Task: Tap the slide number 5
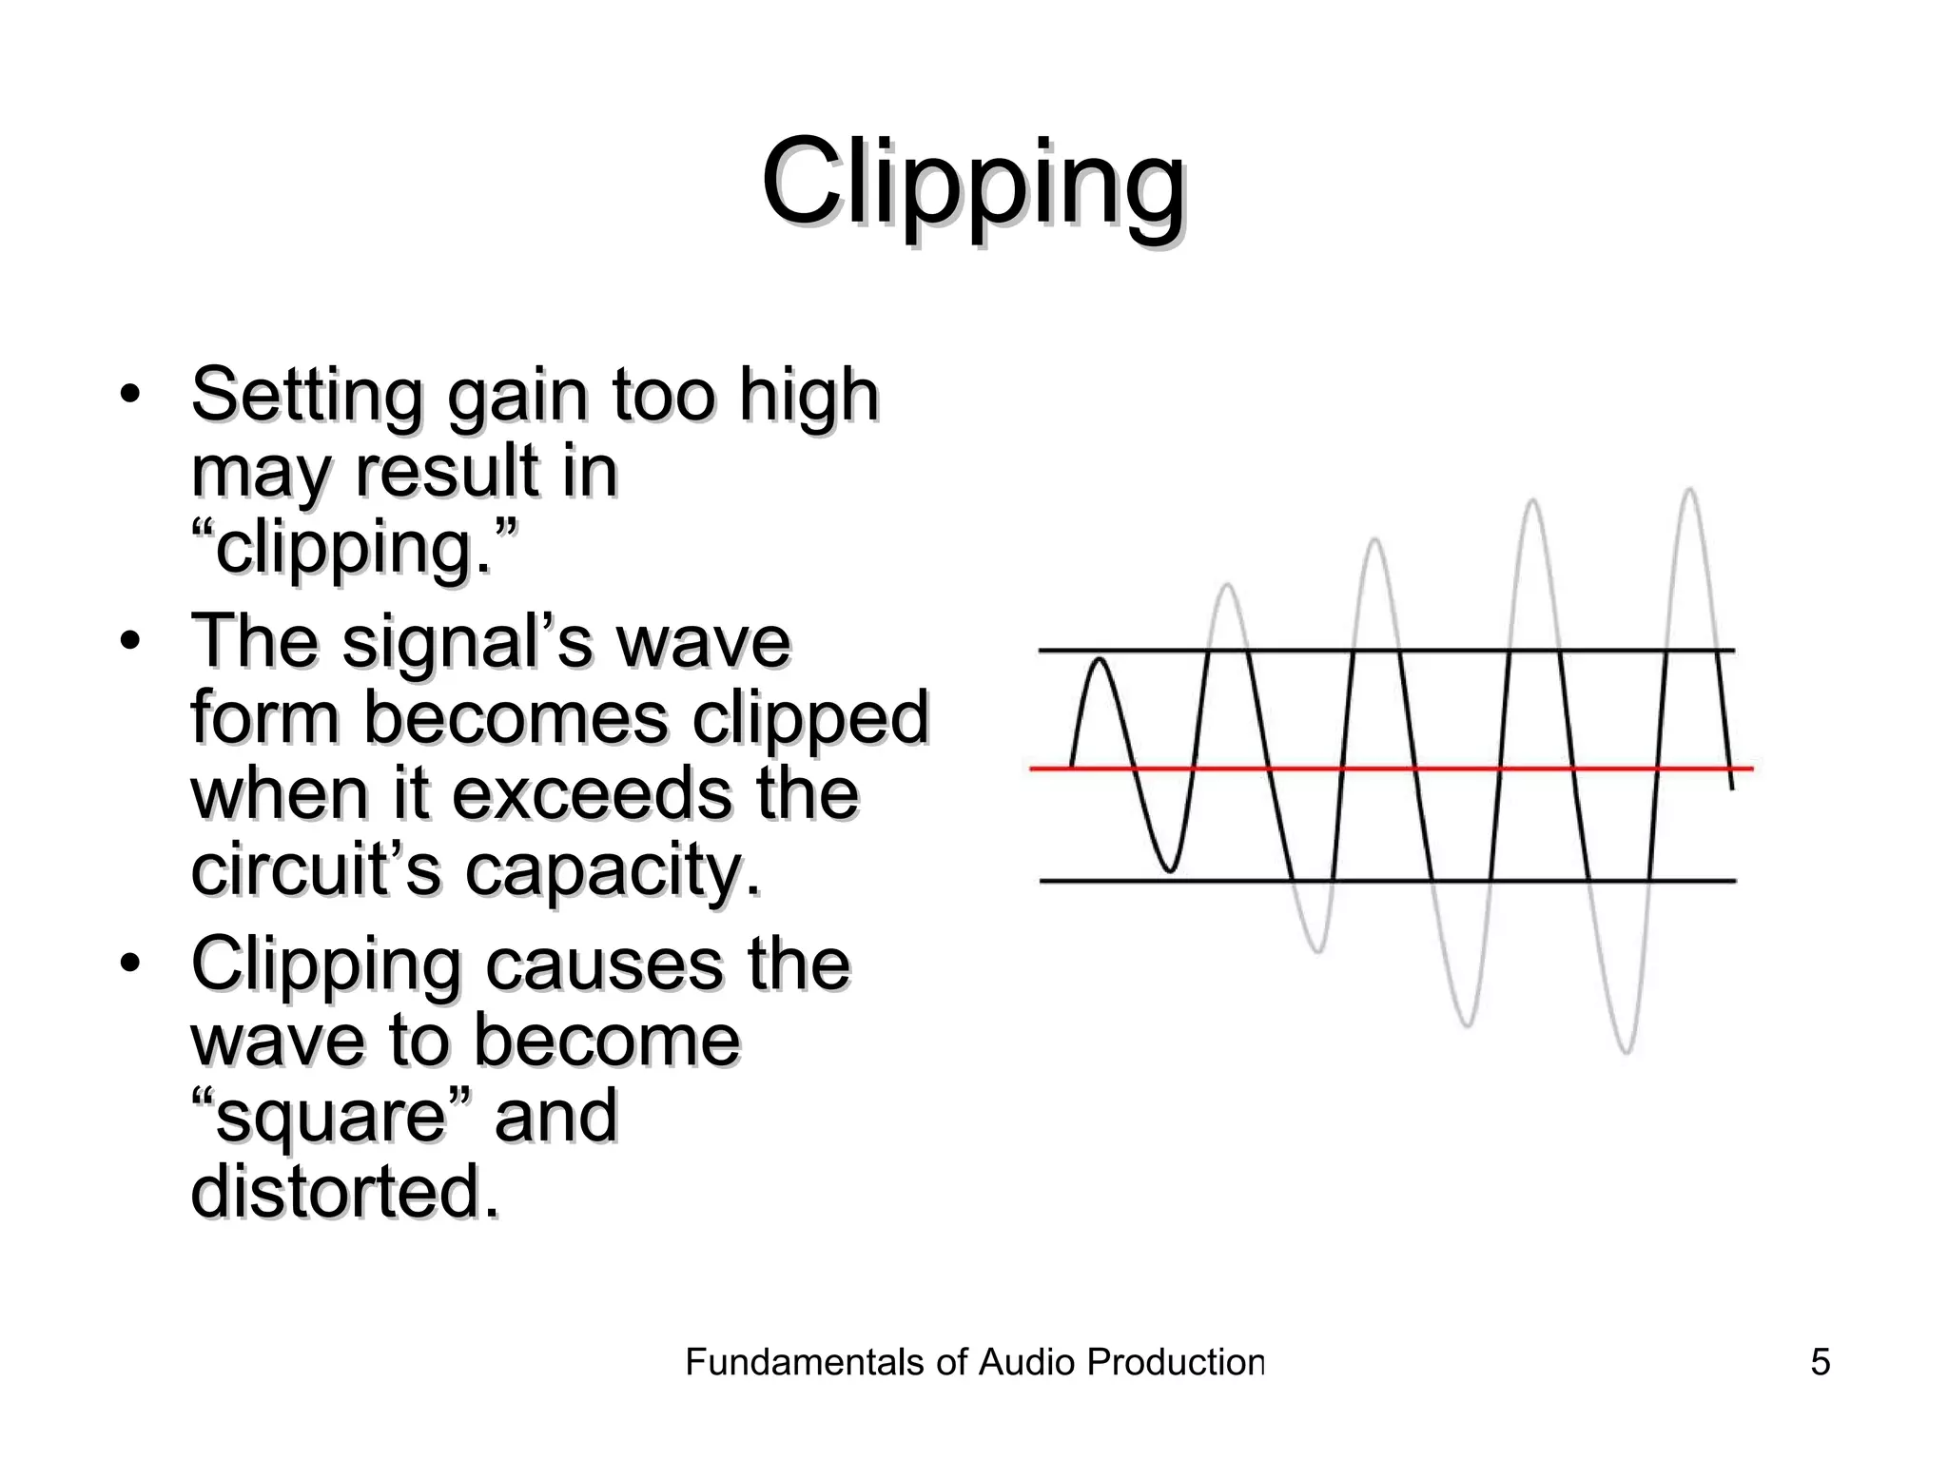[1820, 1362]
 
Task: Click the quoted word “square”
[330, 1116]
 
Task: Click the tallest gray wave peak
[1689, 491]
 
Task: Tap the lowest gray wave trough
[1626, 1051]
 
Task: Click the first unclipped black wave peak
[1101, 659]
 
